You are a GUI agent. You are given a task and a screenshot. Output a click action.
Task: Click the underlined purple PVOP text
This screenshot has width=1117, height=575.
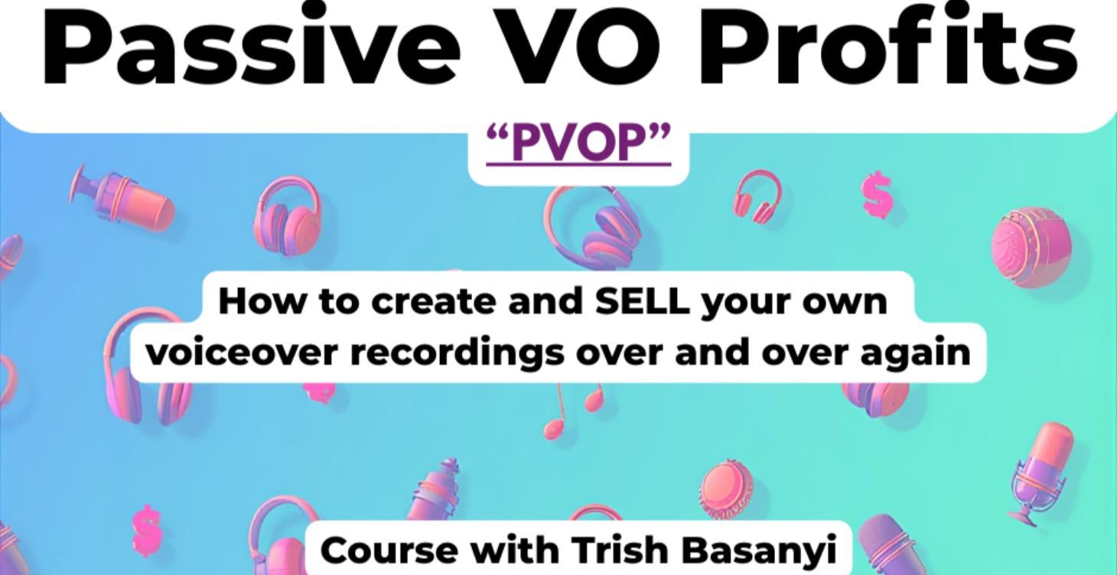tap(579, 143)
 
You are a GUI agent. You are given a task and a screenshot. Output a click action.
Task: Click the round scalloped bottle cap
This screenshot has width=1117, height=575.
tap(725, 486)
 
